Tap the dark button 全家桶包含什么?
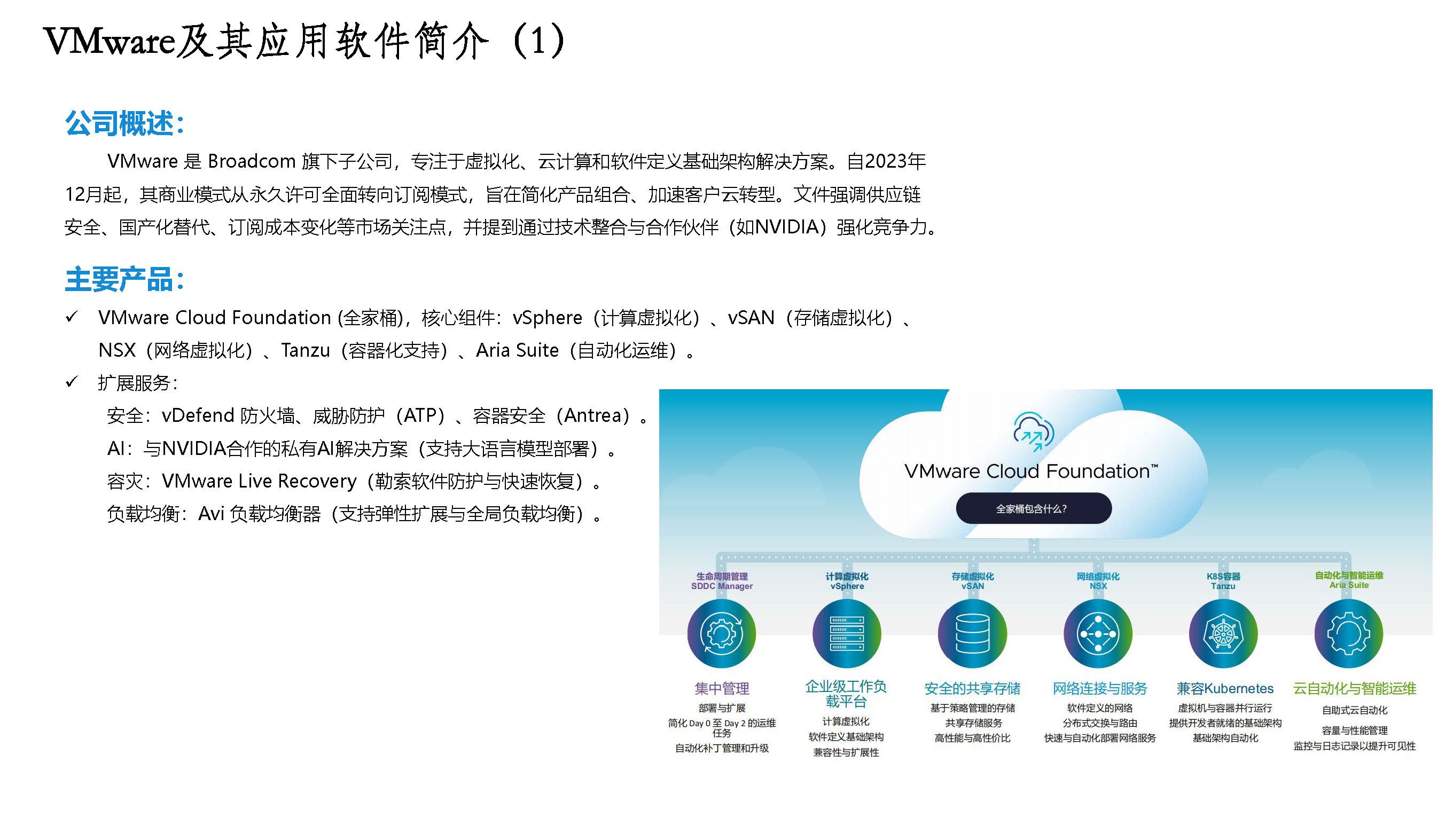tap(1033, 508)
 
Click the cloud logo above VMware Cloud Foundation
tap(1033, 432)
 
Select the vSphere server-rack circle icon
tap(847, 634)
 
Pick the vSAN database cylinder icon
tap(972, 634)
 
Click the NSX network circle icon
tap(1098, 634)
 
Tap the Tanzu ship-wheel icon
tap(1223, 634)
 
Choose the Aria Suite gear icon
tap(1349, 634)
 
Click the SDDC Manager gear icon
tap(721, 634)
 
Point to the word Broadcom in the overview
tap(252, 162)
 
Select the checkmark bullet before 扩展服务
tap(72, 382)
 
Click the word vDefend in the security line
tap(198, 415)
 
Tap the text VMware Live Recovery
tap(259, 481)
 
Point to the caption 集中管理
tap(722, 688)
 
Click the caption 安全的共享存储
tap(972, 688)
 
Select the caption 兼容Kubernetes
tap(1225, 688)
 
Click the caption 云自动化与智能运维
tap(1355, 688)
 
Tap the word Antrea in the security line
tap(597, 415)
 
